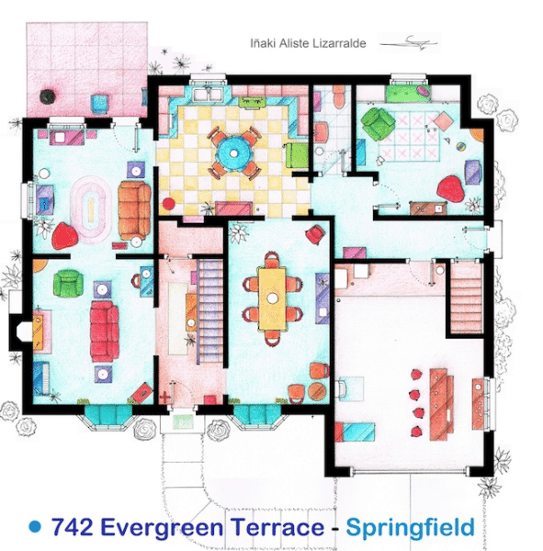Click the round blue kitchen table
(x=233, y=152)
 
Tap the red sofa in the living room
(x=104, y=331)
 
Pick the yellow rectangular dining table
(x=272, y=298)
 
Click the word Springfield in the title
(x=410, y=528)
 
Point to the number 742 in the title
(x=72, y=527)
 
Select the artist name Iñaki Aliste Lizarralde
(x=308, y=43)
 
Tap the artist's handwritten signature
(x=410, y=42)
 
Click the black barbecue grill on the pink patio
(x=48, y=96)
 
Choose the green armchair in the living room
(x=68, y=283)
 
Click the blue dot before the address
(x=35, y=526)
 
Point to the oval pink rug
(x=90, y=210)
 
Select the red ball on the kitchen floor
(x=169, y=204)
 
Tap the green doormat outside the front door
(x=183, y=422)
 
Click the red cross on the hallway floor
(x=164, y=398)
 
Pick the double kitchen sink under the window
(x=208, y=95)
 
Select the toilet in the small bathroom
(x=339, y=96)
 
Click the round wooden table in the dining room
(x=317, y=389)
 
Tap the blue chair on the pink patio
(x=99, y=103)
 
